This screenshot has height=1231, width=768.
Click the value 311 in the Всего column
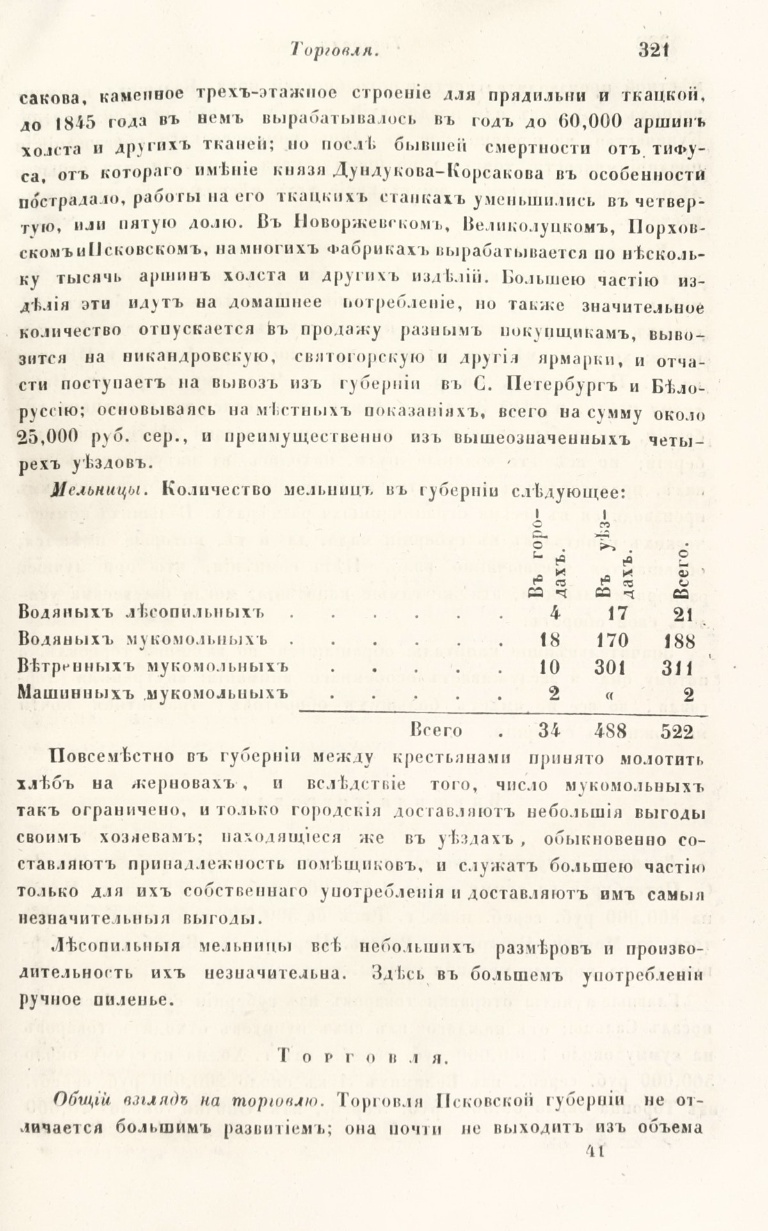coord(676,667)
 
